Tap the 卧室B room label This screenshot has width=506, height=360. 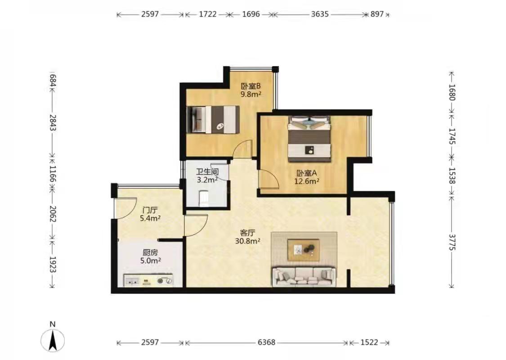251,86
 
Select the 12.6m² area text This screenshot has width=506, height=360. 307,181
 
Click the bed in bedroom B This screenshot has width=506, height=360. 213,119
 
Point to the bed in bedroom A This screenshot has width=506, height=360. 309,139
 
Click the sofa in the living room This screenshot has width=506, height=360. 304,276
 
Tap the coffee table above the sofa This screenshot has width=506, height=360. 304,249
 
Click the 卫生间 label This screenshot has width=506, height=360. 207,171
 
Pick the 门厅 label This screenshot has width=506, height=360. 149,210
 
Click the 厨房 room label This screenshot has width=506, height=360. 150,252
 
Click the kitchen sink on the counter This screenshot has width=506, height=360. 132,281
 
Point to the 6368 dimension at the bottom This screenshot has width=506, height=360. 267,342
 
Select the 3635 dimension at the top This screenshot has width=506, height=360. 320,14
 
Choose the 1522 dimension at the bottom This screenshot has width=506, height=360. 369,342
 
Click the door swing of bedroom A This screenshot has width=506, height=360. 269,180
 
